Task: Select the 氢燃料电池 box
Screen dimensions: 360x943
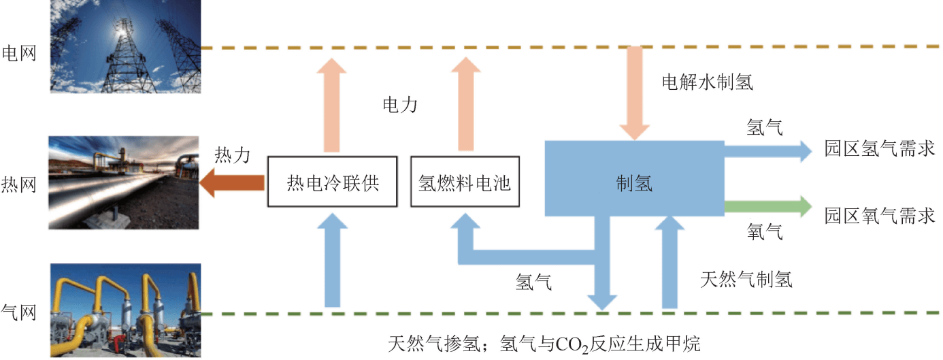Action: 465,182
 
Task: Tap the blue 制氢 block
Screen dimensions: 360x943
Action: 633,183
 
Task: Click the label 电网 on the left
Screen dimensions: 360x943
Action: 19,52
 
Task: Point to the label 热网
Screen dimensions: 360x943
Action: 19,184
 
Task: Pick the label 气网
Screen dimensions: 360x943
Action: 19,313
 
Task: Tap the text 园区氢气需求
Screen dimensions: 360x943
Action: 879,148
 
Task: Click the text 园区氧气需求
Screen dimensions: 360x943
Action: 879,216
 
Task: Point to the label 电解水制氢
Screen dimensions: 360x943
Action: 708,82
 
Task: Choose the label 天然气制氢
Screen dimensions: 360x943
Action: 746,279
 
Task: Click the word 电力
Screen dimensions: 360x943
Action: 399,105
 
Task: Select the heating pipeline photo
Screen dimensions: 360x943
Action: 122,182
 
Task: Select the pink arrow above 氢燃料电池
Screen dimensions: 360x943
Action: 466,102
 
